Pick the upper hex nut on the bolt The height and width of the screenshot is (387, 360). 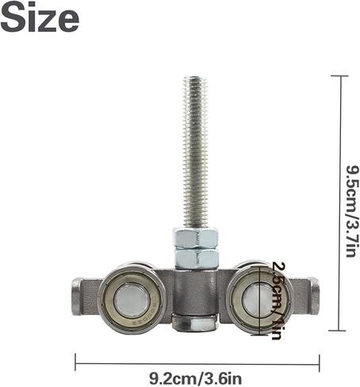pyautogui.click(x=195, y=238)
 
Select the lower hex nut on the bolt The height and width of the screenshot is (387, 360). pyautogui.click(x=195, y=258)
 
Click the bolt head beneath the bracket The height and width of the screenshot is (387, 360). pyautogui.click(x=195, y=322)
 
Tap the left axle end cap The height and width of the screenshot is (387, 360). pyautogui.click(x=76, y=297)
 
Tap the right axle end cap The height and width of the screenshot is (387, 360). pyautogui.click(x=313, y=297)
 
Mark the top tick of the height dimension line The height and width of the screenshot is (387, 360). pyautogui.click(x=339, y=76)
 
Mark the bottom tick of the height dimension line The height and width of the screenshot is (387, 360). pyautogui.click(x=339, y=331)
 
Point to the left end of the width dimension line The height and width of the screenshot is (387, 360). pyautogui.click(x=76, y=363)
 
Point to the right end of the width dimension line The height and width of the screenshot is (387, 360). pyautogui.click(x=319, y=363)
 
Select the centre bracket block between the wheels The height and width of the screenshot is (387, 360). pyautogui.click(x=195, y=289)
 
